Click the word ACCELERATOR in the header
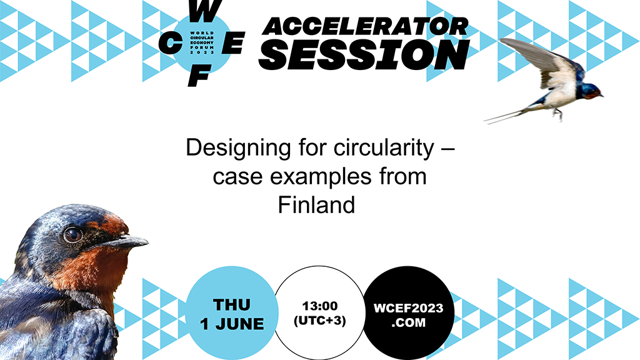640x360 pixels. click(365, 27)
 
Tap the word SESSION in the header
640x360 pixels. click(364, 55)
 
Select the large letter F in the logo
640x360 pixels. click(199, 76)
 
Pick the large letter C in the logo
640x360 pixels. click(170, 44)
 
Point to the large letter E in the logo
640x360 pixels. click(233, 44)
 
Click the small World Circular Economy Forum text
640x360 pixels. click(202, 42)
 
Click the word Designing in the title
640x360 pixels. click(238, 147)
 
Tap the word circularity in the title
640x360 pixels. click(384, 147)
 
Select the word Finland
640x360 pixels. click(316, 205)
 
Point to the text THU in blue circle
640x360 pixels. click(231, 305)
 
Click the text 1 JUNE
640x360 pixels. click(232, 324)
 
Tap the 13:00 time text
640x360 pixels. click(319, 306)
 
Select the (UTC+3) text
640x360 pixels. click(319, 321)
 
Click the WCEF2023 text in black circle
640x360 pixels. click(408, 308)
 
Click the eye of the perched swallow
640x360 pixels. click(72, 234)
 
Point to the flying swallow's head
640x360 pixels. click(591, 90)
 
